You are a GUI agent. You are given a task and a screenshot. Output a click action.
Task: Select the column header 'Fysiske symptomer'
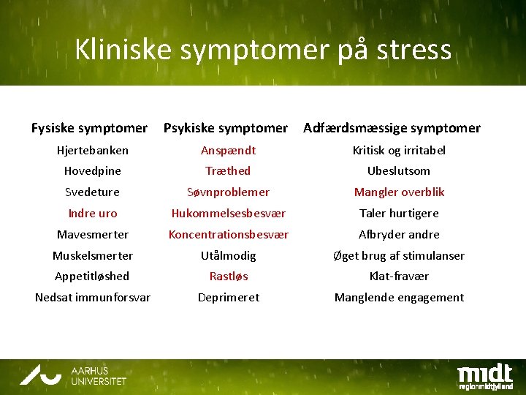pos(89,128)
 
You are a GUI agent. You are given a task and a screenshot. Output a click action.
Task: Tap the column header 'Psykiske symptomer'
pos(226,128)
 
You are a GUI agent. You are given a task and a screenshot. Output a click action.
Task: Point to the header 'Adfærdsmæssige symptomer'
pos(392,128)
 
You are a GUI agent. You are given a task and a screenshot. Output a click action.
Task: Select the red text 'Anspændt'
pos(229,150)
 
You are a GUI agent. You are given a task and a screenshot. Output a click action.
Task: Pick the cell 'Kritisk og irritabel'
pos(399,150)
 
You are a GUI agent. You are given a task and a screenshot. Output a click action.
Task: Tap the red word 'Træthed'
pos(228,170)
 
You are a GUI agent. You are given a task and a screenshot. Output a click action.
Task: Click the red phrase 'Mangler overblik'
pos(399,192)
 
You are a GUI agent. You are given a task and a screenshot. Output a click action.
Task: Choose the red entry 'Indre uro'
pos(93,213)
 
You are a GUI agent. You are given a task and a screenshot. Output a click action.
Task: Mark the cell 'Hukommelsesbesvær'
pos(228,213)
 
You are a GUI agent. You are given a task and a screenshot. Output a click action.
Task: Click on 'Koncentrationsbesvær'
pos(228,234)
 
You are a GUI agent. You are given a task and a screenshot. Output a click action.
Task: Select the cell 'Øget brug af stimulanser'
pos(399,255)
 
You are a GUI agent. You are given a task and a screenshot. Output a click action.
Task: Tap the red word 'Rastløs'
pos(229,276)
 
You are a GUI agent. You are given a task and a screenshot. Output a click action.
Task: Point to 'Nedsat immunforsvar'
pos(93,297)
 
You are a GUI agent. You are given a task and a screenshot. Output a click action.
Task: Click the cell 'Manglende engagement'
pos(399,297)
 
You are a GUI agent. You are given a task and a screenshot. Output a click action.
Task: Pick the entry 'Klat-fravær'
pos(399,276)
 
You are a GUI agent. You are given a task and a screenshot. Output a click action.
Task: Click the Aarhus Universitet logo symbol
pos(41,375)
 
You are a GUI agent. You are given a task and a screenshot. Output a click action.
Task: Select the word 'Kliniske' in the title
pos(123,50)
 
